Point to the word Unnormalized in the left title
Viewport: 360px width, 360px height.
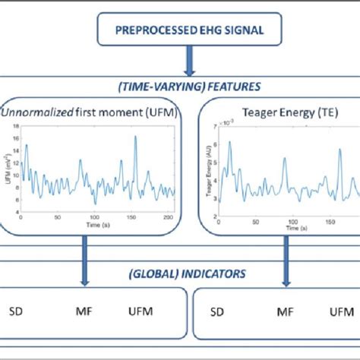(34, 112)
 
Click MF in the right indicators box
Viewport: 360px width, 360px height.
(286, 311)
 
